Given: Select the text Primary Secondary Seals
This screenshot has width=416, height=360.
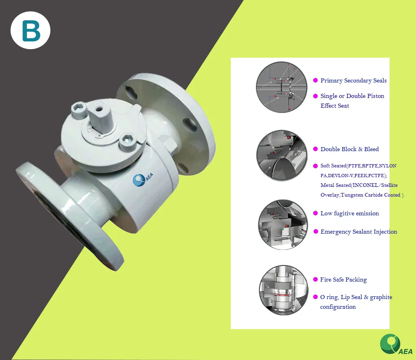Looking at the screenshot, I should click(x=353, y=81).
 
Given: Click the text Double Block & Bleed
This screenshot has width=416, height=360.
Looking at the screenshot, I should click(x=349, y=149).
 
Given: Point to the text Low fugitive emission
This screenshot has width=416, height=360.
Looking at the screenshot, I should click(x=349, y=213).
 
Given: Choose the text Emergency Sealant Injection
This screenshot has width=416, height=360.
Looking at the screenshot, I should click(x=359, y=232).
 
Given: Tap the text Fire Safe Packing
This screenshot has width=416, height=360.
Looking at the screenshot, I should click(x=343, y=280).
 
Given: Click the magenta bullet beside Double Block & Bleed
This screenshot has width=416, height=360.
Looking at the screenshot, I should click(x=315, y=149).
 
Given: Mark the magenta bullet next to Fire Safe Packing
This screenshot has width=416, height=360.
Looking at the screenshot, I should click(x=315, y=280).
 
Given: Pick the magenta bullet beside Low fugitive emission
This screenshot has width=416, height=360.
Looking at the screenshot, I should click(x=315, y=213).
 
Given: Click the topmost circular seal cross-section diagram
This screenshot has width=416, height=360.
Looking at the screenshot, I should click(x=282, y=87).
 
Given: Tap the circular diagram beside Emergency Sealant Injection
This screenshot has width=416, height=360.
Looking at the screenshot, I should click(x=283, y=224).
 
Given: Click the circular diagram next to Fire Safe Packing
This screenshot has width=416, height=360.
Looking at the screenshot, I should click(x=284, y=290).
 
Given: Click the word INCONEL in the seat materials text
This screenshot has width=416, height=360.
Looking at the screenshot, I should click(x=365, y=185).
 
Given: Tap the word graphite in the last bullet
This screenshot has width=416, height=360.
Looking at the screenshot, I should click(x=381, y=297).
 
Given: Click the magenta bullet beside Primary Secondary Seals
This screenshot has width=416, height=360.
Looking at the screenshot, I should click(x=315, y=81).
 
